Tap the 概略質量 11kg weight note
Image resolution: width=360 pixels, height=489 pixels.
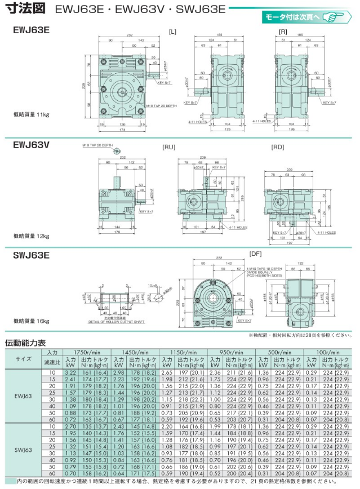point(32,114)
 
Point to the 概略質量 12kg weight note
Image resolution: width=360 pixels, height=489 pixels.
point(32,236)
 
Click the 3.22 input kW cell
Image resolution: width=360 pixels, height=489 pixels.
point(70,372)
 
